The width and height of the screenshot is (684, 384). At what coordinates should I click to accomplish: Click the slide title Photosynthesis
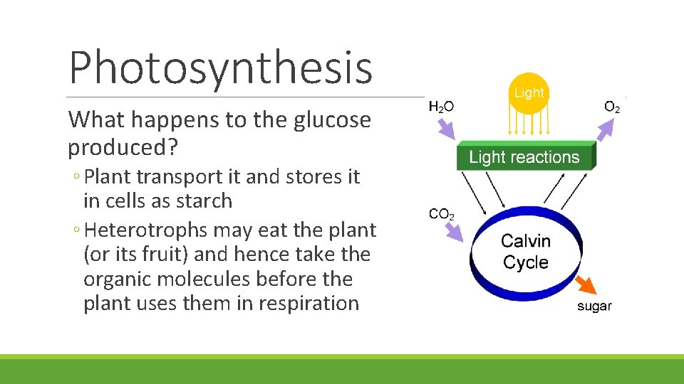(221, 68)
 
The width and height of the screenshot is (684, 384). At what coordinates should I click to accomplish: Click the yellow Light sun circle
(528, 93)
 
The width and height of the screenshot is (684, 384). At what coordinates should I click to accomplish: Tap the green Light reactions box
(525, 157)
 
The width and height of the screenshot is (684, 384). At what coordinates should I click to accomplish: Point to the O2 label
(611, 107)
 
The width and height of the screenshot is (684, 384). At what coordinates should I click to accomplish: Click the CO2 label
(442, 213)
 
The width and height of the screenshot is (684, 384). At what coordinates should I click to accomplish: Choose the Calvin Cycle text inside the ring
(526, 252)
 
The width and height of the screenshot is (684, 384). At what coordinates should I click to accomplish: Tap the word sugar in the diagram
(594, 306)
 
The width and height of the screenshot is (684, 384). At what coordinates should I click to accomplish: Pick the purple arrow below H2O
(445, 129)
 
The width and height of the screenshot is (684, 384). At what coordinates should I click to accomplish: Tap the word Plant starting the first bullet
(108, 176)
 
